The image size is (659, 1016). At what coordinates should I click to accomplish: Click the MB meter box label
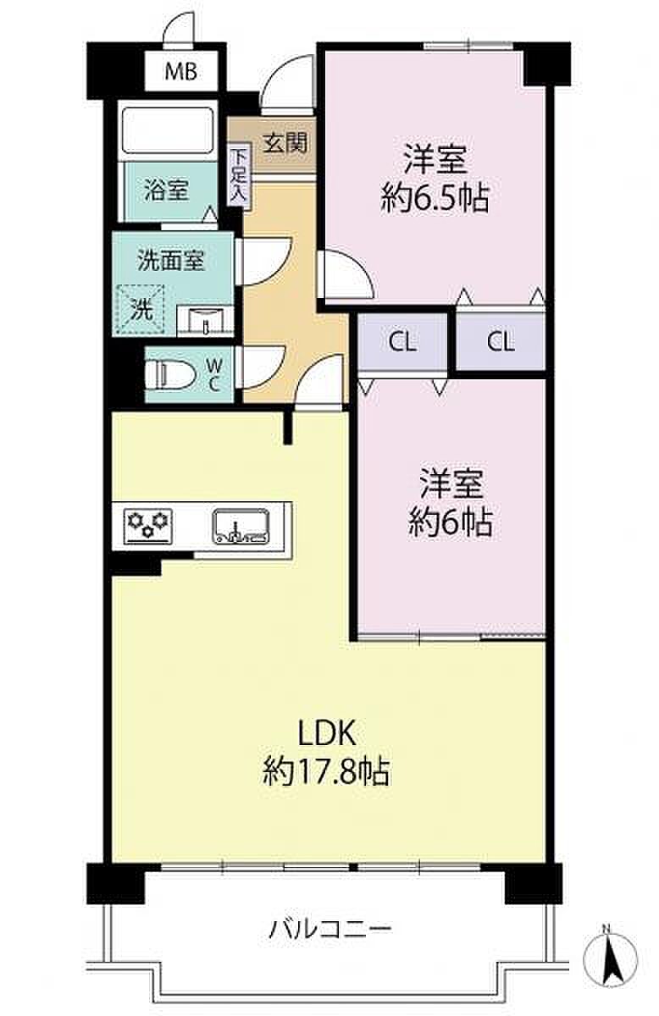click(180, 72)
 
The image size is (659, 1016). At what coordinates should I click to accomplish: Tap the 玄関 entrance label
click(285, 143)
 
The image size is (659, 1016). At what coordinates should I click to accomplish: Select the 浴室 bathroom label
click(166, 190)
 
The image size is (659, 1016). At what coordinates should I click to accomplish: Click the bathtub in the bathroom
click(168, 131)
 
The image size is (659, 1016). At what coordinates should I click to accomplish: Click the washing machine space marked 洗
click(142, 310)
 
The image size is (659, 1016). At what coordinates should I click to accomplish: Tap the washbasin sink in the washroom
click(205, 321)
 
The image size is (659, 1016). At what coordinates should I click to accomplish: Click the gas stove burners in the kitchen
click(149, 526)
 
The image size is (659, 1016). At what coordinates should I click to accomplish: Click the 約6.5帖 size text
click(435, 199)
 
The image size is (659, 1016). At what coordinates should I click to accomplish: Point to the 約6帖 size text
click(450, 523)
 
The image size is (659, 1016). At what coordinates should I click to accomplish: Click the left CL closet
click(402, 341)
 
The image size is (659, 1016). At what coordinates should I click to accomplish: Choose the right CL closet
click(501, 341)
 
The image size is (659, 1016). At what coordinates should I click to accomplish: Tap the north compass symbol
click(610, 949)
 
